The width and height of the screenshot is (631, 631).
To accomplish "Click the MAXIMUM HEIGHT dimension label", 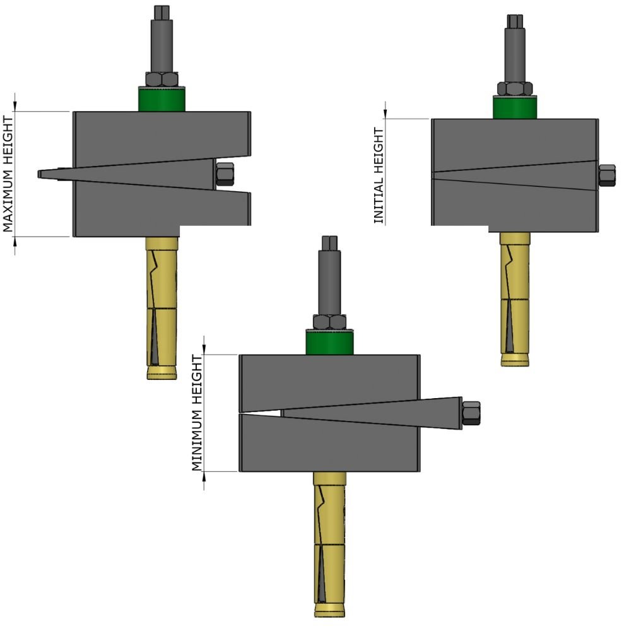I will click(8, 174).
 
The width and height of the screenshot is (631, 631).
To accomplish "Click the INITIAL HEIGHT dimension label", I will click(379, 175).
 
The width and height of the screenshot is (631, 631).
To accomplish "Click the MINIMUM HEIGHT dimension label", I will click(196, 413).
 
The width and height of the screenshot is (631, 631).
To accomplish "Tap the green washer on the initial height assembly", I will click(515, 107).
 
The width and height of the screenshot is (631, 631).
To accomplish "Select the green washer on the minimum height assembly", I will click(329, 343).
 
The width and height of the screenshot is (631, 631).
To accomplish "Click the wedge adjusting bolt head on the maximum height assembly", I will click(225, 174).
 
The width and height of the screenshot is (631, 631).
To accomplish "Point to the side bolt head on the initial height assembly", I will click(607, 175).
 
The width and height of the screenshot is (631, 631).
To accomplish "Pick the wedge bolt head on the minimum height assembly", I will click(471, 413).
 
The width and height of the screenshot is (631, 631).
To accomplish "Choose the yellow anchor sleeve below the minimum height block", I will click(329, 543).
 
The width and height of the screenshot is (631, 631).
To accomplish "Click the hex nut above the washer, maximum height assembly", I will click(162, 80).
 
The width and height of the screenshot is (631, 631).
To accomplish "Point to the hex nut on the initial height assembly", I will click(515, 88).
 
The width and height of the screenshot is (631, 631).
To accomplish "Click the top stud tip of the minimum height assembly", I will click(329, 242).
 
